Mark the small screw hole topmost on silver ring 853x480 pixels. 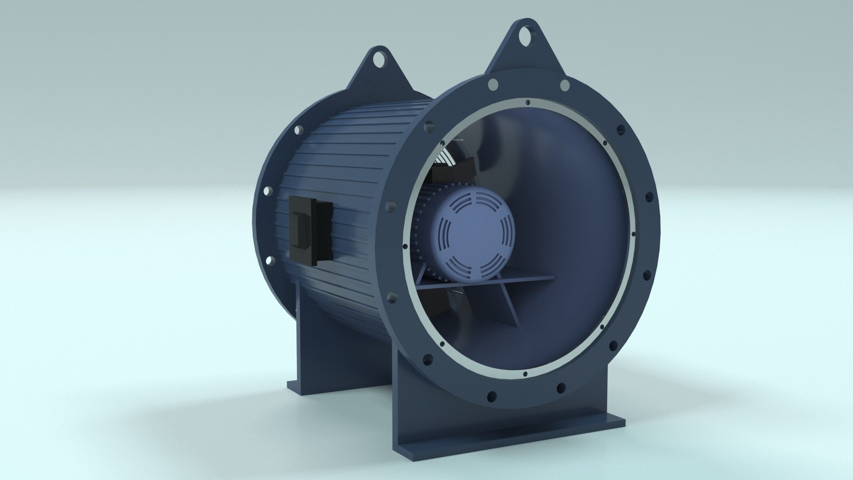pos(527,103)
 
